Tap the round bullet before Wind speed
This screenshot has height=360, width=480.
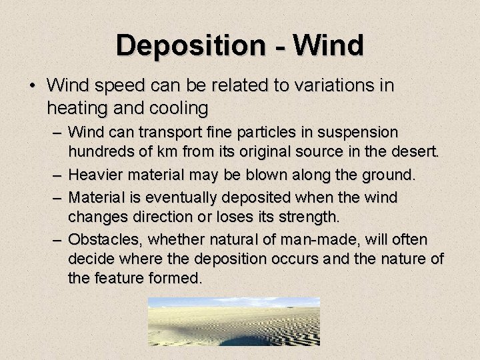[x=32, y=87]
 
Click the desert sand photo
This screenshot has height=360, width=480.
[x=234, y=321]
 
